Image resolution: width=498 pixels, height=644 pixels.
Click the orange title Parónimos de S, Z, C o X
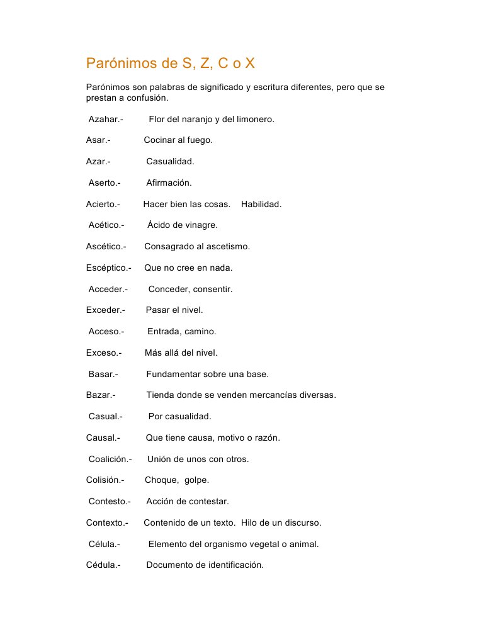(171, 64)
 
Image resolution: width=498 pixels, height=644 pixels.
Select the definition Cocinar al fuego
(178, 140)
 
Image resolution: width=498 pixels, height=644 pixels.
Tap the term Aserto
(104, 183)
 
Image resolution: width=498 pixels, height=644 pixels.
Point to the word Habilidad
(261, 204)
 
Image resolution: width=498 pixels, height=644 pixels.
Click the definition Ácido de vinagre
(183, 225)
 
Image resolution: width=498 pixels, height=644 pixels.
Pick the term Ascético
(106, 247)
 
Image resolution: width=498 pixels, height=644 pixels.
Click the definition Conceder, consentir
(190, 290)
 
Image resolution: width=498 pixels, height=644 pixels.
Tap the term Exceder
(105, 310)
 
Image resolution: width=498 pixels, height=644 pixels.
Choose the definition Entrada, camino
(181, 332)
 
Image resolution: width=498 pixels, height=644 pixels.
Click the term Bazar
(101, 395)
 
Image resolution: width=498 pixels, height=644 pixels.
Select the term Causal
(103, 438)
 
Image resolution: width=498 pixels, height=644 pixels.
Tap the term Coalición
(110, 460)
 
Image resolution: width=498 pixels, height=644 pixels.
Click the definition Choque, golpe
(177, 480)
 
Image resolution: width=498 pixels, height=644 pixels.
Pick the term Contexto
(107, 523)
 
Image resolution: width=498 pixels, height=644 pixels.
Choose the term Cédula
(103, 565)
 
